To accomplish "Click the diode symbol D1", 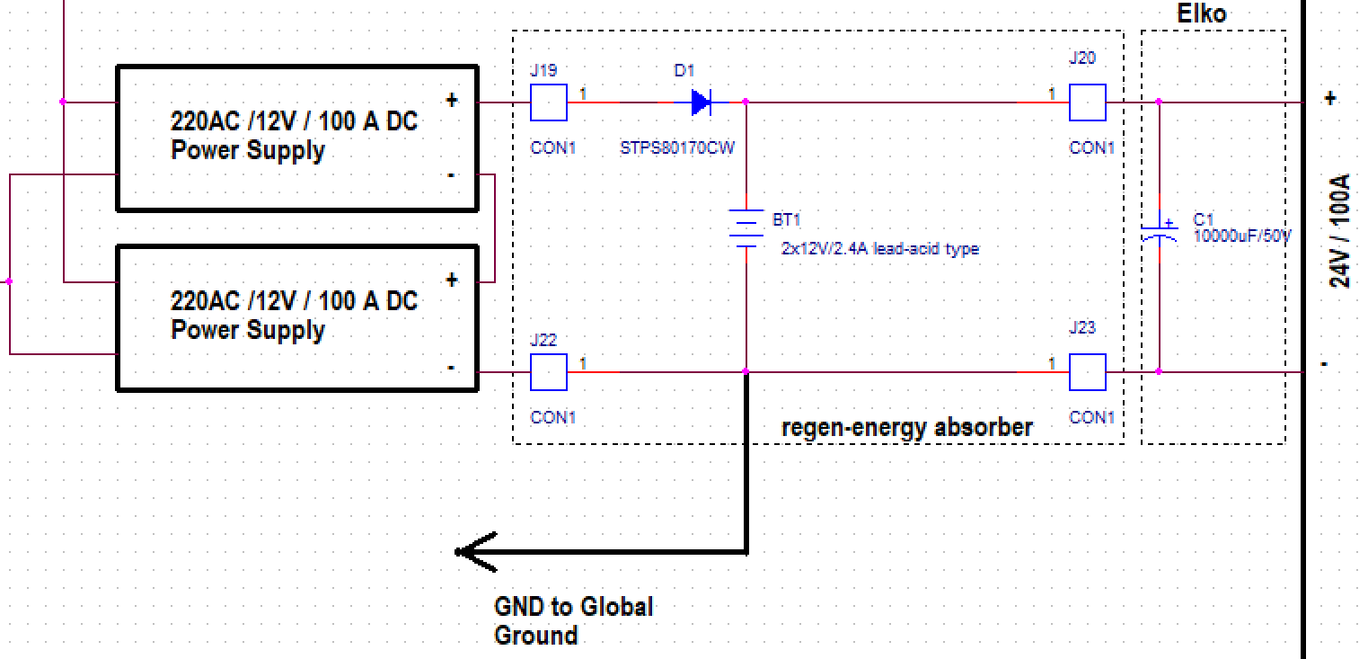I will pos(702,102).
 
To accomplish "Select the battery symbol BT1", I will pos(746,228).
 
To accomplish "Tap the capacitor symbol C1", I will pos(1159,231).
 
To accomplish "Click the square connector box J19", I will pos(548,102).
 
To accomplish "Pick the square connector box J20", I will pos(1087,102).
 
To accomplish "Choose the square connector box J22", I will pos(548,371).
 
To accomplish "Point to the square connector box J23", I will pos(1087,371).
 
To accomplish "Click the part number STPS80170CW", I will pos(676,147).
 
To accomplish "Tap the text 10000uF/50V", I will pos(1241,236).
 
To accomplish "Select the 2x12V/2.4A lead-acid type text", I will pos(879,248).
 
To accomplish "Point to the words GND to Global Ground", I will pos(573,620).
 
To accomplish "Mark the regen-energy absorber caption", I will pos(907,427).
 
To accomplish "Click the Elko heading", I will pos(1201,14).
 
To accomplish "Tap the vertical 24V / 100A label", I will pos(1339,231).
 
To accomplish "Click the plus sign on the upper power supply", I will pos(452,101).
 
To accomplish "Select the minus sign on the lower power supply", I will pos(450,367).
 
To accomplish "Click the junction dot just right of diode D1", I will pos(746,102).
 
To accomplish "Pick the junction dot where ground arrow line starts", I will pos(746,371).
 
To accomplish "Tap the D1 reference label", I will pos(684,69).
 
